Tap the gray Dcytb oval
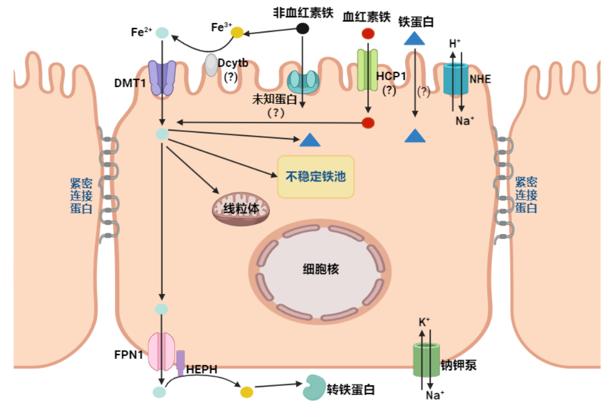tap(211, 65)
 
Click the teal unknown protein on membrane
tap(303, 81)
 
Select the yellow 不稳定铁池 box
tap(316, 177)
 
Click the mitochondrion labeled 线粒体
tap(240, 208)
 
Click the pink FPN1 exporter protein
tap(162, 351)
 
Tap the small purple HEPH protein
tap(180, 362)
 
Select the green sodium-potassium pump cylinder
tap(426, 360)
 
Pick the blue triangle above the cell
tap(415, 38)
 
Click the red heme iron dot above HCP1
tap(368, 34)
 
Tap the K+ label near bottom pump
tap(424, 322)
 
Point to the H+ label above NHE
tap(454, 43)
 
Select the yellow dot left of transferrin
tap(246, 391)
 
